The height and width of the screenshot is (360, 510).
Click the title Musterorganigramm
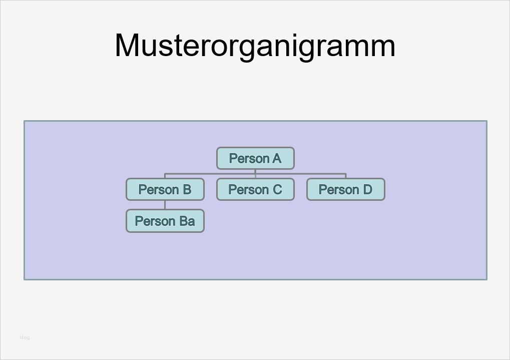point(255,46)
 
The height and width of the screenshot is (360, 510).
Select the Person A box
point(255,158)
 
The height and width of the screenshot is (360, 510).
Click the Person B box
point(165,189)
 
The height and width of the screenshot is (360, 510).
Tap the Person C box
point(255,189)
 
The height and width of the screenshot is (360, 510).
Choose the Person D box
point(345,189)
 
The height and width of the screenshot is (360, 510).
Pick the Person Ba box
point(165,221)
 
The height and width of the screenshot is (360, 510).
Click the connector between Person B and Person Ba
point(165,205)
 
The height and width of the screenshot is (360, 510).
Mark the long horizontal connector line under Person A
point(210,174)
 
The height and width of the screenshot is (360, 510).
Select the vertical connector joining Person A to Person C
point(255,173)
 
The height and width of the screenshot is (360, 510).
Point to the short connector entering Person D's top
point(346,176)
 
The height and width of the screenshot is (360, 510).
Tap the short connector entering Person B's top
point(165,176)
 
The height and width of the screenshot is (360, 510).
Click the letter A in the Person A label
point(276,159)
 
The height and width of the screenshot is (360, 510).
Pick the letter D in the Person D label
point(367,190)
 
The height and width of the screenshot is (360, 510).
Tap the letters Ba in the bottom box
point(187,221)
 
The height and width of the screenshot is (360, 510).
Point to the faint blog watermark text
point(25,337)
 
